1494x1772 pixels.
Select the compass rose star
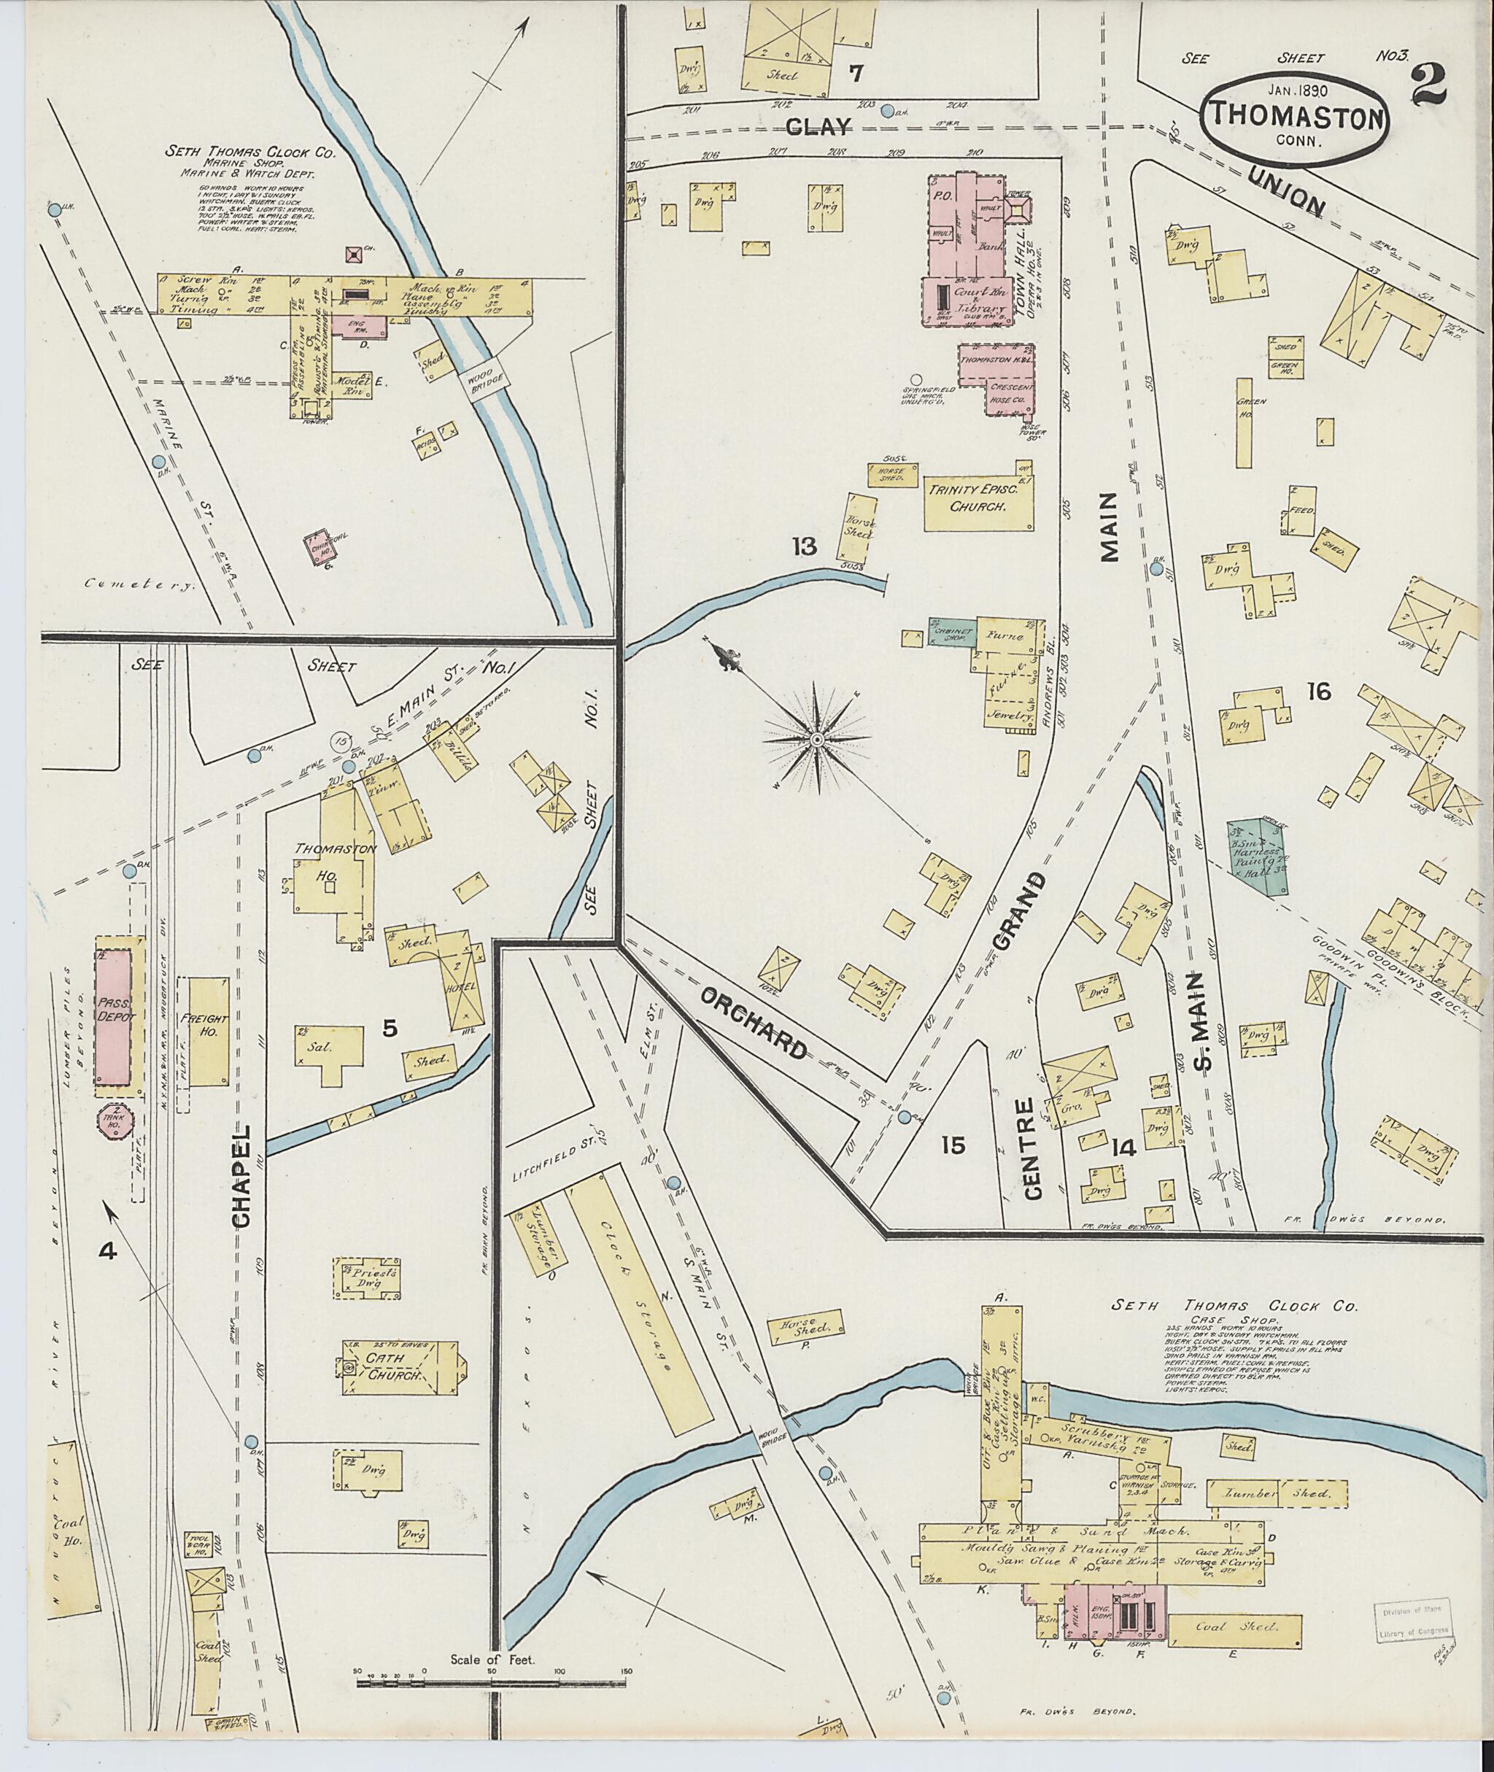(x=816, y=740)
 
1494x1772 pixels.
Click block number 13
(x=804, y=546)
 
